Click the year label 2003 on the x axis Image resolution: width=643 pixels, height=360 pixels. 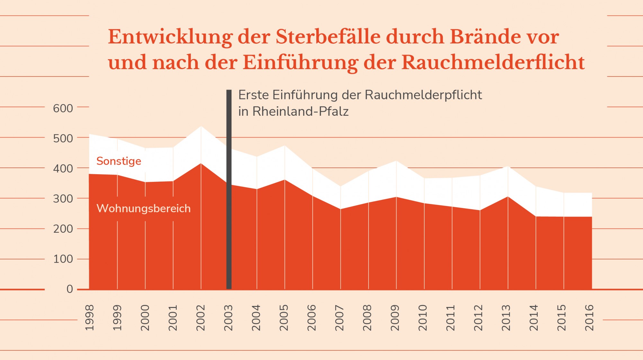(228, 318)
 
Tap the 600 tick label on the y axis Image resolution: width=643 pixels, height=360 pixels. (63, 108)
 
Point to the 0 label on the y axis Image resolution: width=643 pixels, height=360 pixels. (70, 289)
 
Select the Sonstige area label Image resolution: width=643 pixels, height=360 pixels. (119, 161)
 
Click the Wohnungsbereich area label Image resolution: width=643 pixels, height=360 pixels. (144, 208)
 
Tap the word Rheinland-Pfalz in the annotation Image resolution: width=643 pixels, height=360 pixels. (300, 112)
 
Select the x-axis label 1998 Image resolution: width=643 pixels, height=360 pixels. (89, 318)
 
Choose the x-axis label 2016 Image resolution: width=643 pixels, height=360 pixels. (589, 318)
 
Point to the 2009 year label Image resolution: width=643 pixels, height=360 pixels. (395, 318)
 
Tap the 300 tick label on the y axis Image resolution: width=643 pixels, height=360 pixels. (63, 199)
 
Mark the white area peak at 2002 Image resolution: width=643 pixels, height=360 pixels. (201, 127)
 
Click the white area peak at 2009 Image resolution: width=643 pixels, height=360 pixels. (396, 161)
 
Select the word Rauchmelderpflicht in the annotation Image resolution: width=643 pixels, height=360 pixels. (423, 95)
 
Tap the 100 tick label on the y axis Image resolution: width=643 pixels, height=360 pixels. (63, 259)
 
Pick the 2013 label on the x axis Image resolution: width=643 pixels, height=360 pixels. (506, 318)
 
